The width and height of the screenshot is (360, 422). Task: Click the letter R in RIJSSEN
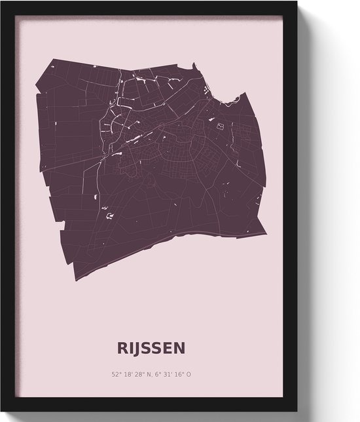coord(122,347)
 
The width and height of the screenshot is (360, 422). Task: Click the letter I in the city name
coord(131,347)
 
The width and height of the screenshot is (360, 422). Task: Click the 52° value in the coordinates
coord(117,375)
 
